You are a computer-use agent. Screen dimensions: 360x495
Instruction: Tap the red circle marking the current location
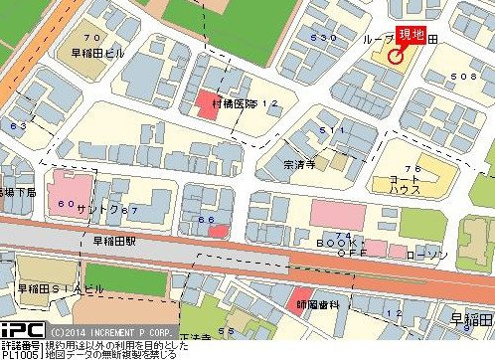coord(395,56)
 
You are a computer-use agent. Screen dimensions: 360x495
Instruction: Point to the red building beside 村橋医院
coord(208,105)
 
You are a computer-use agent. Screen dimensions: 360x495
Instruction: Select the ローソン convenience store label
coord(428,254)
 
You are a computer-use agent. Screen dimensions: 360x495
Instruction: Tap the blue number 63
coord(18,126)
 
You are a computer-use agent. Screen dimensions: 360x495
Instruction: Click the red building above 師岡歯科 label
coord(305,295)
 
